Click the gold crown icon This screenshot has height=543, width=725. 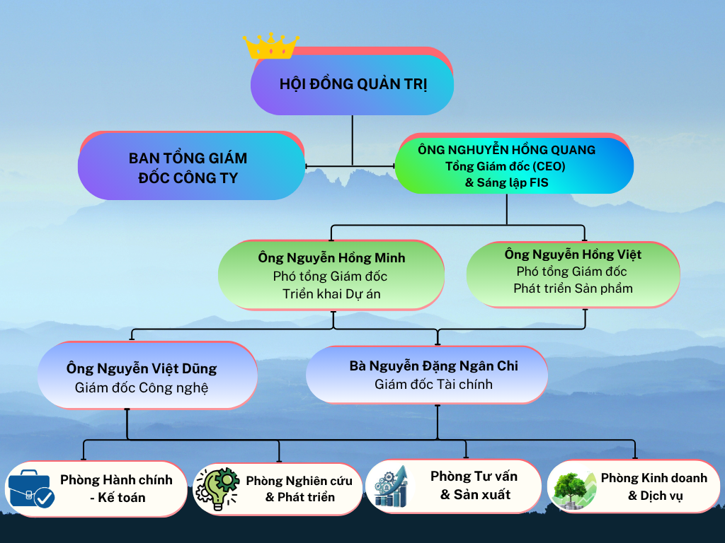click(x=271, y=46)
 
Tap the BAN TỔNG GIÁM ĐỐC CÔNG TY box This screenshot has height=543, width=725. click(x=191, y=165)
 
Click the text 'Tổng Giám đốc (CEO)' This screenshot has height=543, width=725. click(x=506, y=166)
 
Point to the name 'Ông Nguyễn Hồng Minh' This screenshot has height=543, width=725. click(x=331, y=257)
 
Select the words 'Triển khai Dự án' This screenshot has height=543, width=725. click(x=331, y=294)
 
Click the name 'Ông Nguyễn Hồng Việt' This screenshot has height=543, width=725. click(x=573, y=255)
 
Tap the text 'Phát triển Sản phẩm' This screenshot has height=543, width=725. click(x=573, y=288)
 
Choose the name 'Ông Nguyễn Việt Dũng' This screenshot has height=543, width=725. click(x=142, y=368)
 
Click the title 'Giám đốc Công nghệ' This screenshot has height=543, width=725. click(x=142, y=388)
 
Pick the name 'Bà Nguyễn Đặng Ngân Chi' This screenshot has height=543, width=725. click(x=434, y=366)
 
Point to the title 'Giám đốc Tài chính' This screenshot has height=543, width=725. click(x=434, y=384)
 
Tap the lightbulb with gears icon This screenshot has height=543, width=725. click(x=217, y=489)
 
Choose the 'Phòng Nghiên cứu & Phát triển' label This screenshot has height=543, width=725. click(x=299, y=489)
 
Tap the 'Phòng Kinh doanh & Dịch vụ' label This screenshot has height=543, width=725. click(x=654, y=486)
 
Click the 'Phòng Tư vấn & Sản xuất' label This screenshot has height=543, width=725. click(x=474, y=485)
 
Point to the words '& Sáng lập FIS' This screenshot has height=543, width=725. click(x=506, y=183)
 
